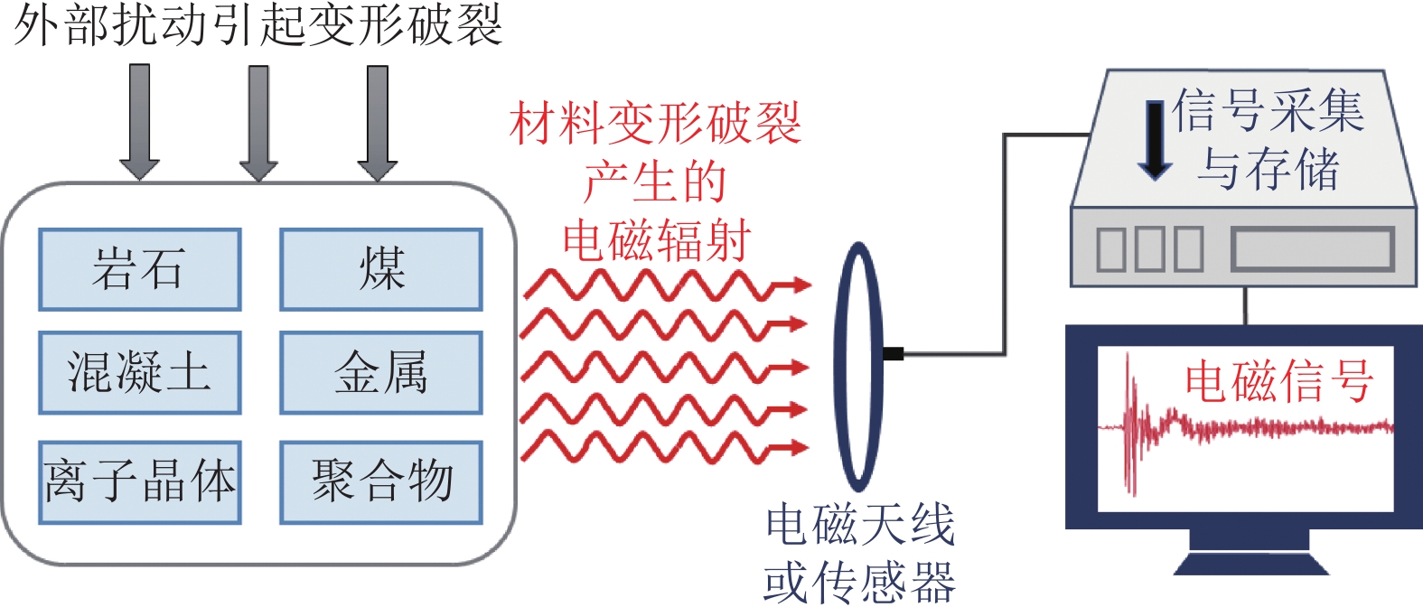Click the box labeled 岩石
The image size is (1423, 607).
(x=139, y=269)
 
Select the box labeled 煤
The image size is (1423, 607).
(x=380, y=269)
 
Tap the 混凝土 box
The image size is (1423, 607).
(x=139, y=372)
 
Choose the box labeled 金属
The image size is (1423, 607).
(x=380, y=372)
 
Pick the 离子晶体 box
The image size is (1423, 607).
(x=139, y=482)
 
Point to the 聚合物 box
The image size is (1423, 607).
(x=380, y=482)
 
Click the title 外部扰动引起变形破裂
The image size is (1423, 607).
(x=257, y=24)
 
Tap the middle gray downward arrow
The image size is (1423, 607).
(x=258, y=122)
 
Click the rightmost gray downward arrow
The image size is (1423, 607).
(x=378, y=122)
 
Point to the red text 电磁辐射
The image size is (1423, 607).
(x=657, y=241)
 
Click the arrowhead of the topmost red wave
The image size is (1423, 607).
(x=799, y=285)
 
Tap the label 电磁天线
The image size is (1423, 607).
(x=859, y=526)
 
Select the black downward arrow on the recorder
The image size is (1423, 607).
(x=1155, y=140)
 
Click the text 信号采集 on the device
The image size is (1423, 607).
(x=1268, y=111)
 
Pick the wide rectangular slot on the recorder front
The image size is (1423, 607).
(x=1312, y=248)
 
